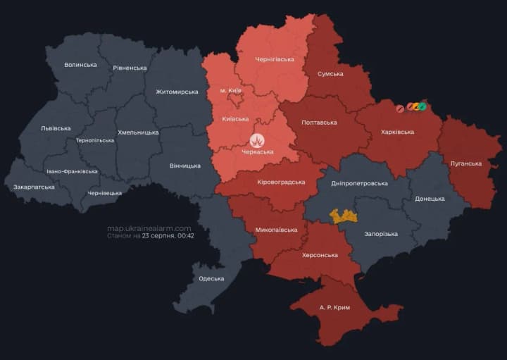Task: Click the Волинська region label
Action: coord(80,65)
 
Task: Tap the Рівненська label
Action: coord(130,68)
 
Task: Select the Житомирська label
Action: coord(177,92)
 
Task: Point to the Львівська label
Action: coord(56,128)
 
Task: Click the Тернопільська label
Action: coord(95,140)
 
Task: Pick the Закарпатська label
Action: coord(34,187)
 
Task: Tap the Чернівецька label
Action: coord(104,192)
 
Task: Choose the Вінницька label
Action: coord(185,166)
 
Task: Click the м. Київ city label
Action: coord(232,91)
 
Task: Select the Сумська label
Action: coord(330,73)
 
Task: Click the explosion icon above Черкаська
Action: coord(257,140)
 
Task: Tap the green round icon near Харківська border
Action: coord(423,107)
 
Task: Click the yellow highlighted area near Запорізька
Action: coord(344,216)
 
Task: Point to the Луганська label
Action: coord(466,163)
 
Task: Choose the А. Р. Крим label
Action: coord(334,308)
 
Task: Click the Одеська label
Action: coord(211,278)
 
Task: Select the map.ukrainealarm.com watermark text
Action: coord(149,228)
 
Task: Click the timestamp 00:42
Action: coord(186,236)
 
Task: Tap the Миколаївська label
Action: coord(276,230)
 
